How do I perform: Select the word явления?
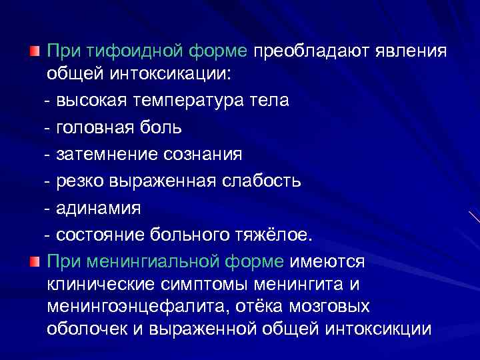point(411,52)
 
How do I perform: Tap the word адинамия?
point(99,208)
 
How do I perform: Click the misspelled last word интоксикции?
point(380,329)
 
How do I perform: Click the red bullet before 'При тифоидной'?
point(34,51)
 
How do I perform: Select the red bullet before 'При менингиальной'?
point(34,260)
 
